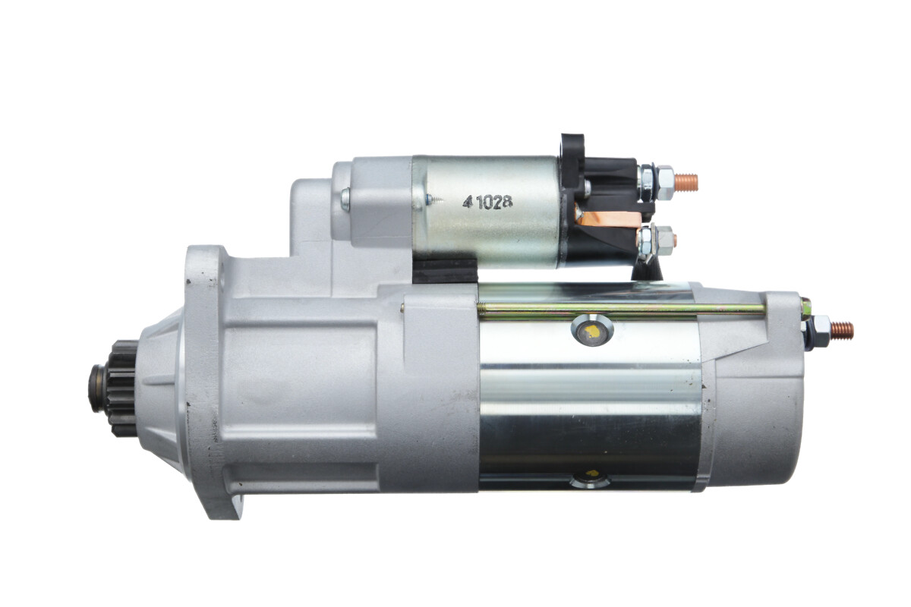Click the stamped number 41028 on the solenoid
point(487,203)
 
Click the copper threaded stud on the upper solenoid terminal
point(686,182)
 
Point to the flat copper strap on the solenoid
point(608,219)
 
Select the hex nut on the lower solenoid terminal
point(664,241)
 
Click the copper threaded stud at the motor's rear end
point(842,331)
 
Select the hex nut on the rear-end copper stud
point(819,332)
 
